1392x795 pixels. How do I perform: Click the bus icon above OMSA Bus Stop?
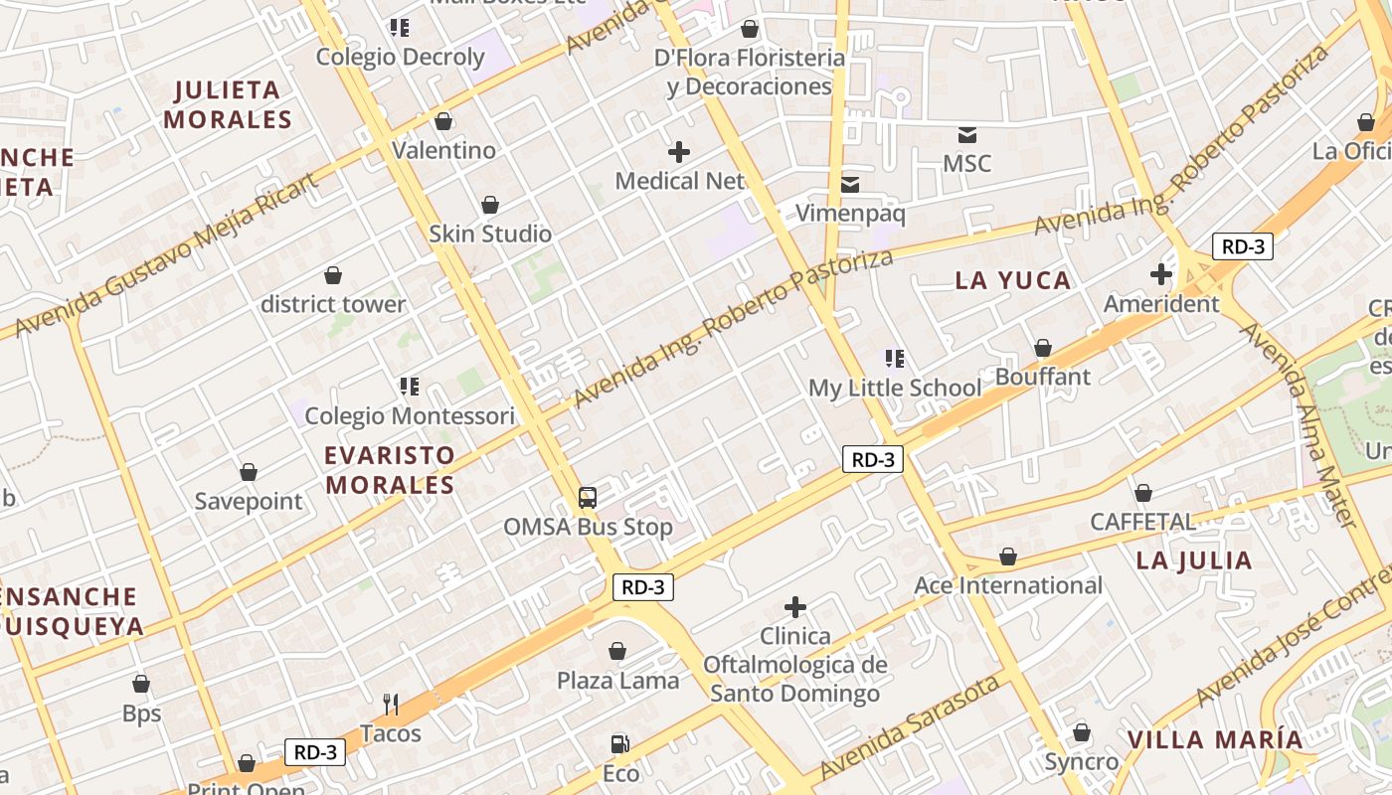[588, 497]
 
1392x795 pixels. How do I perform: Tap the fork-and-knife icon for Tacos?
[391, 705]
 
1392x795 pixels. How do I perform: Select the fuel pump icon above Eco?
[619, 743]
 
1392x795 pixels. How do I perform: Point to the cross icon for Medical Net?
[679, 152]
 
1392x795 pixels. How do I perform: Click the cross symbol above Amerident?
[1161, 274]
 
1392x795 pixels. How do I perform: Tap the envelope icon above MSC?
[967, 134]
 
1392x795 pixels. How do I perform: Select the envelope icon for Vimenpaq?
[850, 184]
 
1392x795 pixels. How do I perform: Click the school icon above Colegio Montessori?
[409, 386]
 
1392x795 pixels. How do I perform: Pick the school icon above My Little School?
[894, 359]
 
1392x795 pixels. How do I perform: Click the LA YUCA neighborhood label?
[1013, 281]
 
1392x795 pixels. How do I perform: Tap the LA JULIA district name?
[1194, 560]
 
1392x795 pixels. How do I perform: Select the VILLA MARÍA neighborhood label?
[1215, 740]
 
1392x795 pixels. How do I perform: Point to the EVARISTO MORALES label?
[390, 470]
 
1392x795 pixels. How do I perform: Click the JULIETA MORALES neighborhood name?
[228, 104]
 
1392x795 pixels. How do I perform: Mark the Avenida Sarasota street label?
[909, 728]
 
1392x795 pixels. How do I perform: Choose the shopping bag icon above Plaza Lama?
[617, 652]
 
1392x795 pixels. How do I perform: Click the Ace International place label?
[1008, 585]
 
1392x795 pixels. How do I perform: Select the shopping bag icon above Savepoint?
[249, 472]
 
